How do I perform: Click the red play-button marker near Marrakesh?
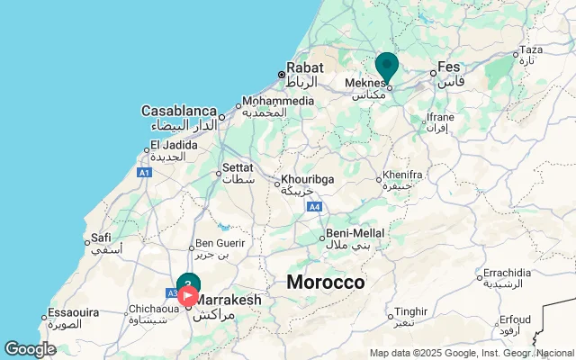(188, 294)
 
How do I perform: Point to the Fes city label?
(449, 67)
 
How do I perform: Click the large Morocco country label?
(326, 283)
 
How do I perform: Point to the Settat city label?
(238, 166)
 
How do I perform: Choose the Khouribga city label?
(307, 179)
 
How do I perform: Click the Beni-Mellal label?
(348, 232)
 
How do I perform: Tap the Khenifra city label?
(402, 174)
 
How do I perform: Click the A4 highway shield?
(314, 207)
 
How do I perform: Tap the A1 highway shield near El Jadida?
(144, 172)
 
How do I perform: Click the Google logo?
(29, 349)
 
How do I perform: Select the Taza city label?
(532, 49)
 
